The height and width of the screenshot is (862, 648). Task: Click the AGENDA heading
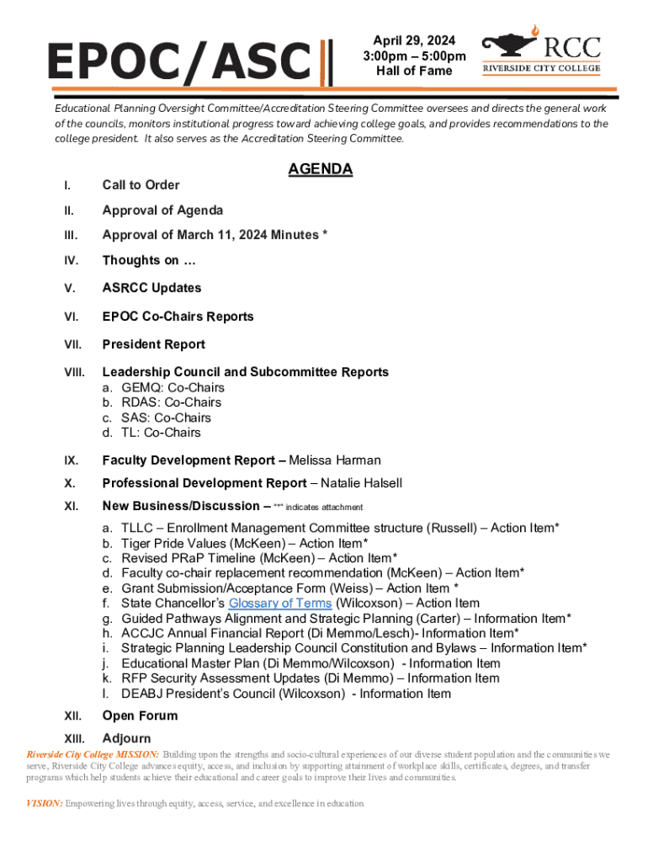click(320, 169)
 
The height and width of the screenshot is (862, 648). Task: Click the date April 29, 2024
click(414, 40)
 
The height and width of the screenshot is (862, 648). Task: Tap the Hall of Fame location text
click(414, 71)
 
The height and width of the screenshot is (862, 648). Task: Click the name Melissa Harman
click(335, 460)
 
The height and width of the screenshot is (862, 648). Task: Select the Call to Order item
click(141, 185)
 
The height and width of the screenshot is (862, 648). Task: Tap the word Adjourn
click(126, 738)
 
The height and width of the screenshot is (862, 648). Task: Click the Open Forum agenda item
click(140, 716)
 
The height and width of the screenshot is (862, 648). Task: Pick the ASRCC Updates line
click(151, 288)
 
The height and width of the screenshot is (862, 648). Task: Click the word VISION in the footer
click(44, 804)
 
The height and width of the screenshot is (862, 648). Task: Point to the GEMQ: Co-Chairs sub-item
click(173, 388)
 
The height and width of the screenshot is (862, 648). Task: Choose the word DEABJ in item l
click(141, 694)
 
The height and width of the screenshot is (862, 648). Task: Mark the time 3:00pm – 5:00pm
click(414, 56)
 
